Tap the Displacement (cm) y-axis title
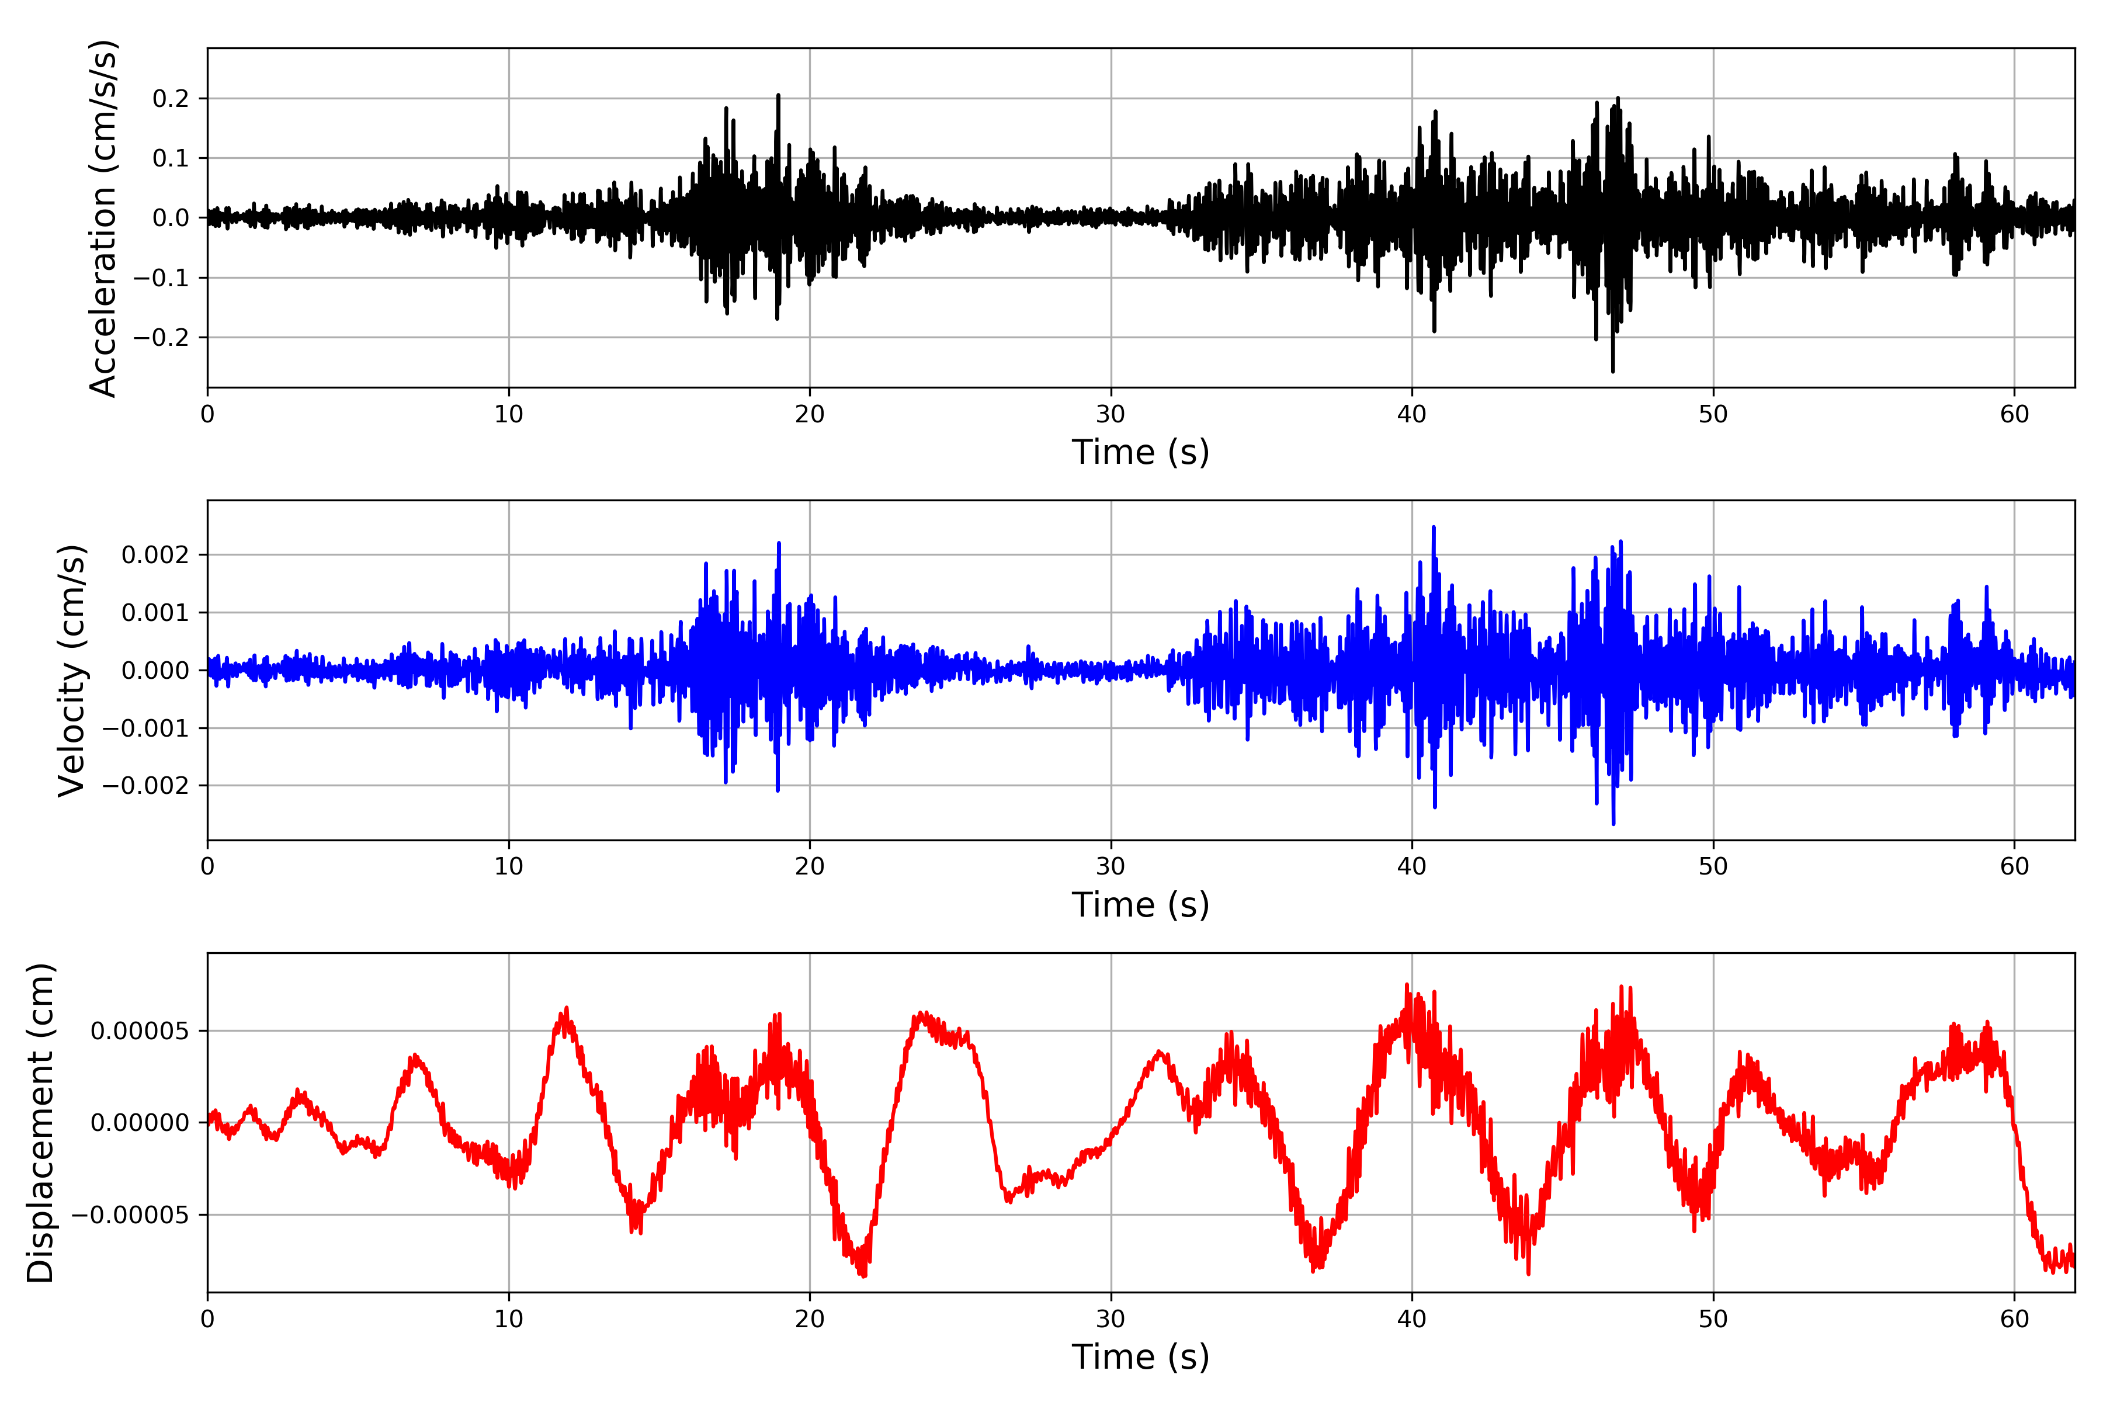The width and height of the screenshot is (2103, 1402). click(41, 1122)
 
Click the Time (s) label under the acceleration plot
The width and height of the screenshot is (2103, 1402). click(1140, 452)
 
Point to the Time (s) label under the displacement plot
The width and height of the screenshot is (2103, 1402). click(1140, 1357)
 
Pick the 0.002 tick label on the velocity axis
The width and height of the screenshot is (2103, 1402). click(155, 556)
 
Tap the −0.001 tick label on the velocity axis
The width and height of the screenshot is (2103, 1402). click(145, 728)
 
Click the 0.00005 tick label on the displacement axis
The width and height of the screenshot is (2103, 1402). click(140, 1031)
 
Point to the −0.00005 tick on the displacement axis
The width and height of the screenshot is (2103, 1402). click(130, 1215)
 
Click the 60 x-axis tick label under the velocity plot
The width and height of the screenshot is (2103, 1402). click(2014, 866)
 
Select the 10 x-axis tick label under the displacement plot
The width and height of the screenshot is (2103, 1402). click(509, 1319)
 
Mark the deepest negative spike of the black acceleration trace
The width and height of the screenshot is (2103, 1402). click(1613, 371)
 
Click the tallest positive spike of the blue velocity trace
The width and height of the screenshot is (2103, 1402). click(1434, 527)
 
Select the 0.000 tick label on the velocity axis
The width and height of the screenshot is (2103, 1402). click(155, 671)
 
